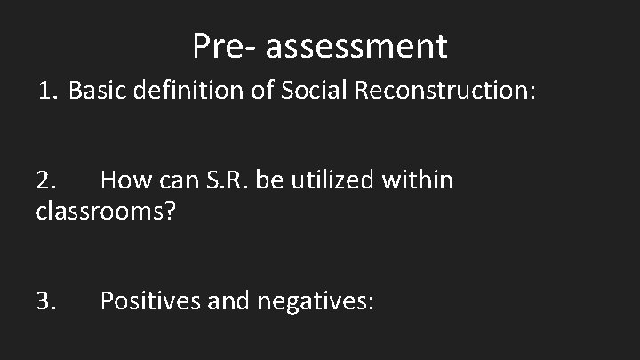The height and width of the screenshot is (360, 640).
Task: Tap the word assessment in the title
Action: [x=356, y=45]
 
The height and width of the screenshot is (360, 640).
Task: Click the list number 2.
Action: [x=46, y=181]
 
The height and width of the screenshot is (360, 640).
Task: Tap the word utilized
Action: [x=330, y=181]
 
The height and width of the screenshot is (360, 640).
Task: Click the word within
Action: [x=417, y=181]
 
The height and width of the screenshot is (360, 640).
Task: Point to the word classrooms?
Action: [x=104, y=212]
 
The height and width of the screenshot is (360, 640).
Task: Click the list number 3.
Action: [x=46, y=301]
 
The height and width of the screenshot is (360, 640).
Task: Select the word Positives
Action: [x=152, y=301]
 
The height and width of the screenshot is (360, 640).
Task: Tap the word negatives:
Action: [x=316, y=301]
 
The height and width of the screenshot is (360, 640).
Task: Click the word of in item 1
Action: [x=264, y=91]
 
